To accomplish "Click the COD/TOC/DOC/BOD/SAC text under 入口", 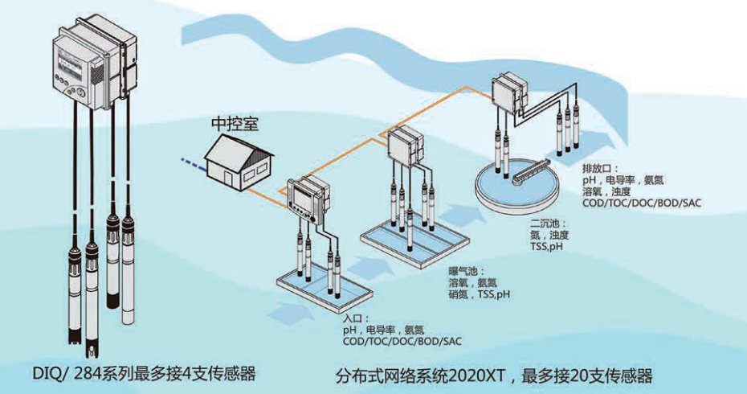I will [x=402, y=341].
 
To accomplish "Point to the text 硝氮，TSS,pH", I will [x=480, y=294].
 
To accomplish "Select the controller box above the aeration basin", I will [x=406, y=146].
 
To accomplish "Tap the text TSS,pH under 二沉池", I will [x=548, y=247].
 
